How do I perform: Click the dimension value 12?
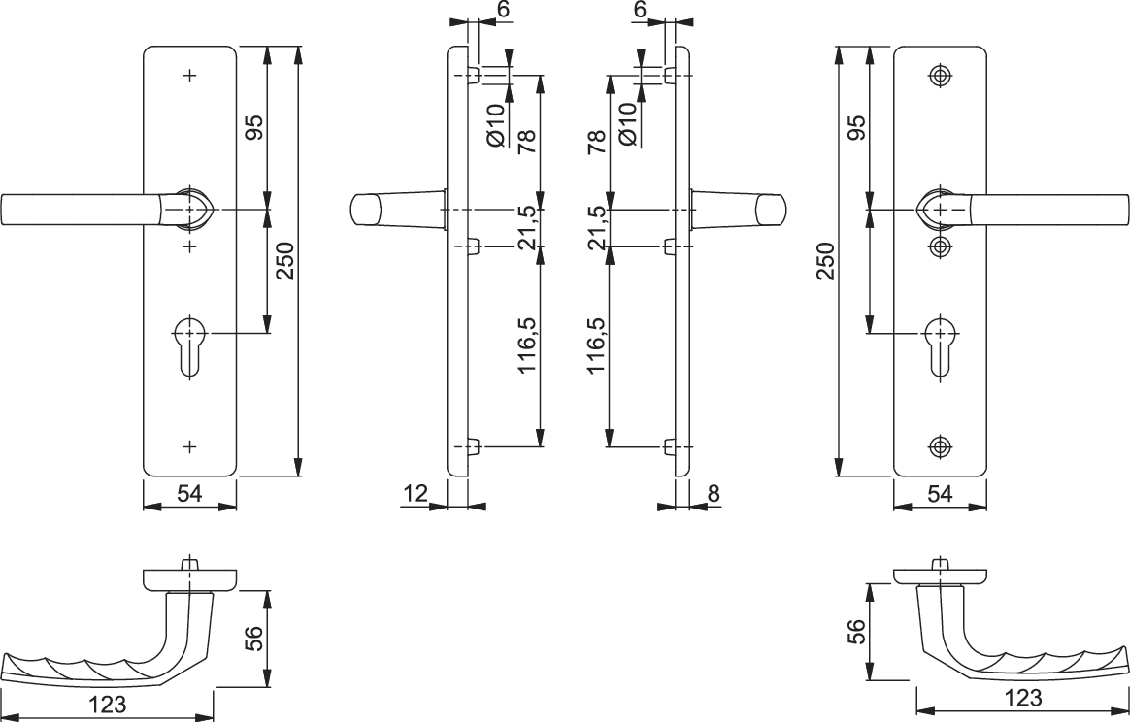click(x=415, y=494)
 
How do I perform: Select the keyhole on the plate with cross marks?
click(x=190, y=345)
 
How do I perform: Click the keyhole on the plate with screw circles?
click(x=940, y=345)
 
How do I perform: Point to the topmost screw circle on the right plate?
click(x=940, y=76)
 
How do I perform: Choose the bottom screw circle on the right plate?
click(x=940, y=446)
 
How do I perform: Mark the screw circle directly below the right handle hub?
click(x=940, y=246)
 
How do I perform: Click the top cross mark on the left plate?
click(x=190, y=75)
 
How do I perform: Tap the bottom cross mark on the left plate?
click(x=190, y=446)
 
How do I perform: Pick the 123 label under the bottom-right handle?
click(x=1022, y=698)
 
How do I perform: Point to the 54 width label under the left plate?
click(x=189, y=494)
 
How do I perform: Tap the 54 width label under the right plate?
click(x=940, y=494)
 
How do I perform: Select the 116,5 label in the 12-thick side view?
click(x=528, y=345)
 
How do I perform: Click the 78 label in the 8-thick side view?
click(x=596, y=143)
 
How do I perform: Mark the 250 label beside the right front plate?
click(x=826, y=261)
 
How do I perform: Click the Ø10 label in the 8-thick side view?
click(x=628, y=124)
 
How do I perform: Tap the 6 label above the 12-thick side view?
click(x=503, y=10)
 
